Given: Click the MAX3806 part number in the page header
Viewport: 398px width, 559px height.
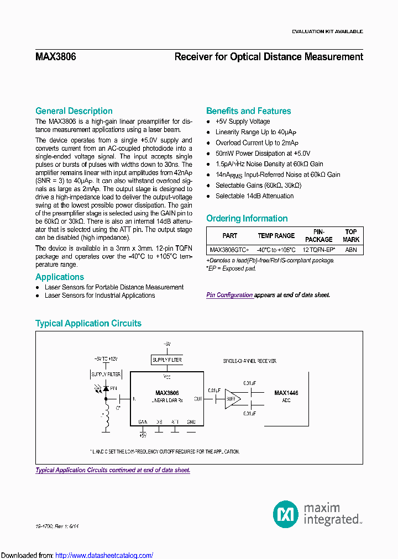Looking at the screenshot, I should tap(55, 56).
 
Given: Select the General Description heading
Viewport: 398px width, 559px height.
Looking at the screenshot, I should tap(74, 111).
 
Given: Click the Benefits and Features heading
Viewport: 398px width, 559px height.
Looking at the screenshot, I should tap(248, 111).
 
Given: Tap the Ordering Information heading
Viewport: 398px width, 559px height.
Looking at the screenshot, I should tap(247, 219).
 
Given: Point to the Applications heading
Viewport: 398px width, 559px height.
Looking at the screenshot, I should tap(60, 277).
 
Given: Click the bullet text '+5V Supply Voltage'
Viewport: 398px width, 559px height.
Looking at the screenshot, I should tap(243, 122).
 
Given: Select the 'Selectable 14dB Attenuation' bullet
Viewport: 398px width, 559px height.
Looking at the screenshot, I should tap(254, 196).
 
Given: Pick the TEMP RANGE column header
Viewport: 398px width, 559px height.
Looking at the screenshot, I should tap(276, 236).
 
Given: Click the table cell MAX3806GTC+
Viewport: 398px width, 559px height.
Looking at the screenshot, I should tap(229, 250).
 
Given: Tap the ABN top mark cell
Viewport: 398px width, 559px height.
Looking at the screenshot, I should tap(351, 250).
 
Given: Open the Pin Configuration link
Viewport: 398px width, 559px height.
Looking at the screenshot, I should tap(229, 295).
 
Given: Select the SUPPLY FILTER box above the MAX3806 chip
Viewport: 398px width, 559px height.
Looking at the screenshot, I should tap(166, 360).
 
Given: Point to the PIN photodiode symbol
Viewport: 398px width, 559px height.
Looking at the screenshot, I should tap(105, 389).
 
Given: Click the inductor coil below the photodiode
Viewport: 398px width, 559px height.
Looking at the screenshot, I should tap(106, 422).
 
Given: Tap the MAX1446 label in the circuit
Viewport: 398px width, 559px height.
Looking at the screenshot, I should tap(286, 393).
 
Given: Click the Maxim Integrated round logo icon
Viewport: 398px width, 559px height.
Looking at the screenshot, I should tap(286, 514).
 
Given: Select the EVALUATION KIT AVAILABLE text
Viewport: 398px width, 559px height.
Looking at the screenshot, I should tap(327, 31).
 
